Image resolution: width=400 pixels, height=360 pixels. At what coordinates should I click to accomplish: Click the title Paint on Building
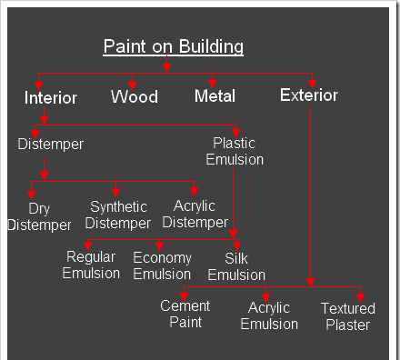tap(173, 46)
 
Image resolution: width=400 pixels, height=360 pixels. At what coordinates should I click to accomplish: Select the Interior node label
tap(51, 97)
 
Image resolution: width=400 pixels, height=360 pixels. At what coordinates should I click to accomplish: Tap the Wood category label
tap(135, 96)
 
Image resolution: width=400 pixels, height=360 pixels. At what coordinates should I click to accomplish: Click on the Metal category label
tap(215, 95)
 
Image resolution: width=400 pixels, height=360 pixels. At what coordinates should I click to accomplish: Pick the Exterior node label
tap(309, 95)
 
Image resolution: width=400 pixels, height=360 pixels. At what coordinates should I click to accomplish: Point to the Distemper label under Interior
tap(51, 144)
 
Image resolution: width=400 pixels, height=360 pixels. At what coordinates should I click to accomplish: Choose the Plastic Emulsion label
tap(235, 151)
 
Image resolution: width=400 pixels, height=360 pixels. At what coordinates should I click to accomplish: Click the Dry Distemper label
tap(39, 216)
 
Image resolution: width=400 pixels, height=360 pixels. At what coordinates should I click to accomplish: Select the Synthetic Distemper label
tap(119, 215)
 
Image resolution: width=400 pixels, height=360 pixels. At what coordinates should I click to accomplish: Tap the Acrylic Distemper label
tap(195, 215)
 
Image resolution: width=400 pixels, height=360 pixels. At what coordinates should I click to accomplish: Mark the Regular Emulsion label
tap(91, 265)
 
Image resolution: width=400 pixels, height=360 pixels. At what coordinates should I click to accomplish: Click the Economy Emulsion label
tap(162, 265)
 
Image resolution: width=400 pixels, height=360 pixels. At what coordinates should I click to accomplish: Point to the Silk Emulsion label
tap(236, 265)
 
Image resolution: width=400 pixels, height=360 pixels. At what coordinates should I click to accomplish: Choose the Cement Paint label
tap(185, 314)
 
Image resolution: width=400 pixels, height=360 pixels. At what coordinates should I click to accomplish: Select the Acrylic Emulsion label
tap(269, 315)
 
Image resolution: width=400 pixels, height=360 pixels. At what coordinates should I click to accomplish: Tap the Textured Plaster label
tap(347, 316)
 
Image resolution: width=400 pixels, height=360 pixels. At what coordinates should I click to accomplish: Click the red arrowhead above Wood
tap(133, 84)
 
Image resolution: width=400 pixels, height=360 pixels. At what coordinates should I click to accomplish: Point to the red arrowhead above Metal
tap(214, 84)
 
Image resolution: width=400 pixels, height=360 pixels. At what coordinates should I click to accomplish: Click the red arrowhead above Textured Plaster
tap(361, 295)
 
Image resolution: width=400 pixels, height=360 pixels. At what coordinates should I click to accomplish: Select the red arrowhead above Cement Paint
tap(184, 294)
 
